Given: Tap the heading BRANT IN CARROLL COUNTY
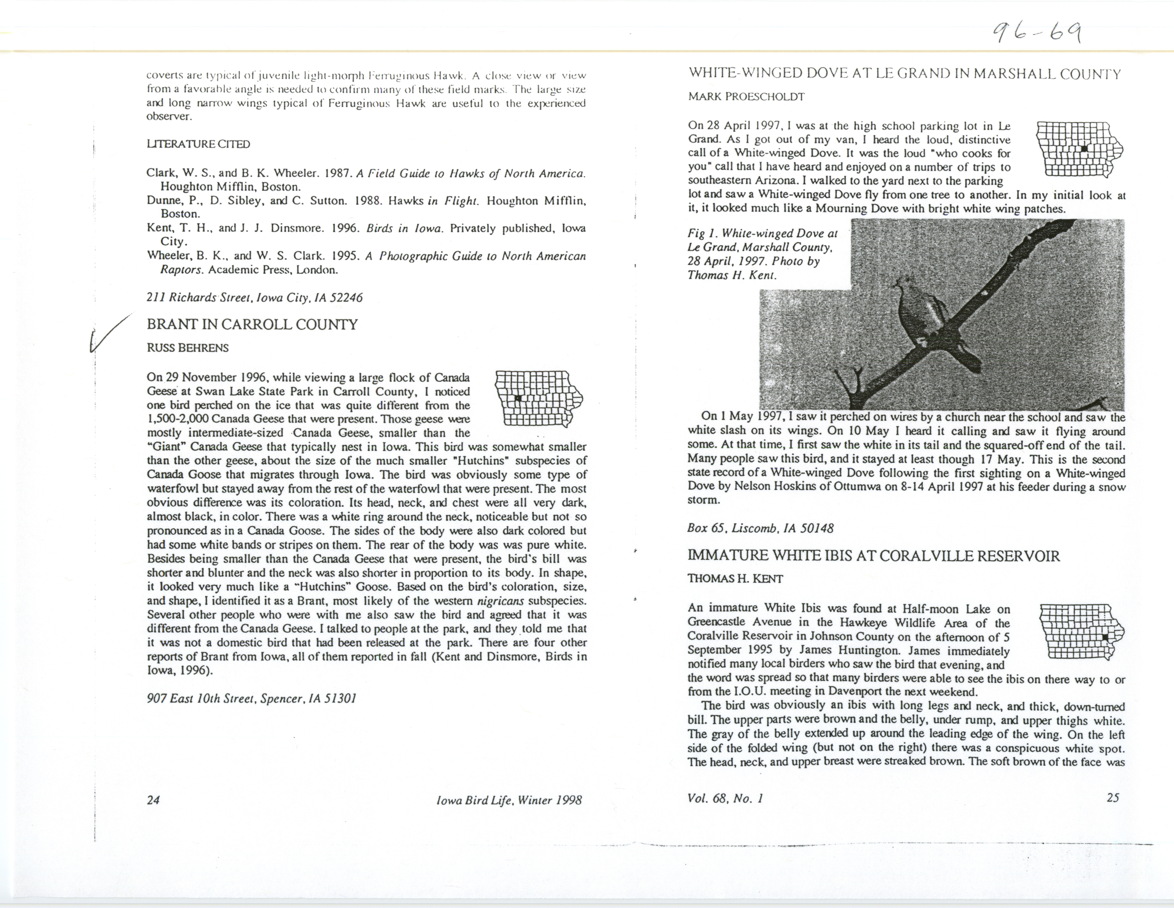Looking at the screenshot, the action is click(x=252, y=324).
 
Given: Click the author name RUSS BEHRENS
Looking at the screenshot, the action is click(x=188, y=348).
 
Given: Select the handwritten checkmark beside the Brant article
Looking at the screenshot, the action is click(x=109, y=333).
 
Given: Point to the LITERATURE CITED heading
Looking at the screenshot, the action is click(x=198, y=144).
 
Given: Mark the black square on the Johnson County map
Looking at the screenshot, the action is click(x=1105, y=637).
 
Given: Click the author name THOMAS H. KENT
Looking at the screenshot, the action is click(x=735, y=579).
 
